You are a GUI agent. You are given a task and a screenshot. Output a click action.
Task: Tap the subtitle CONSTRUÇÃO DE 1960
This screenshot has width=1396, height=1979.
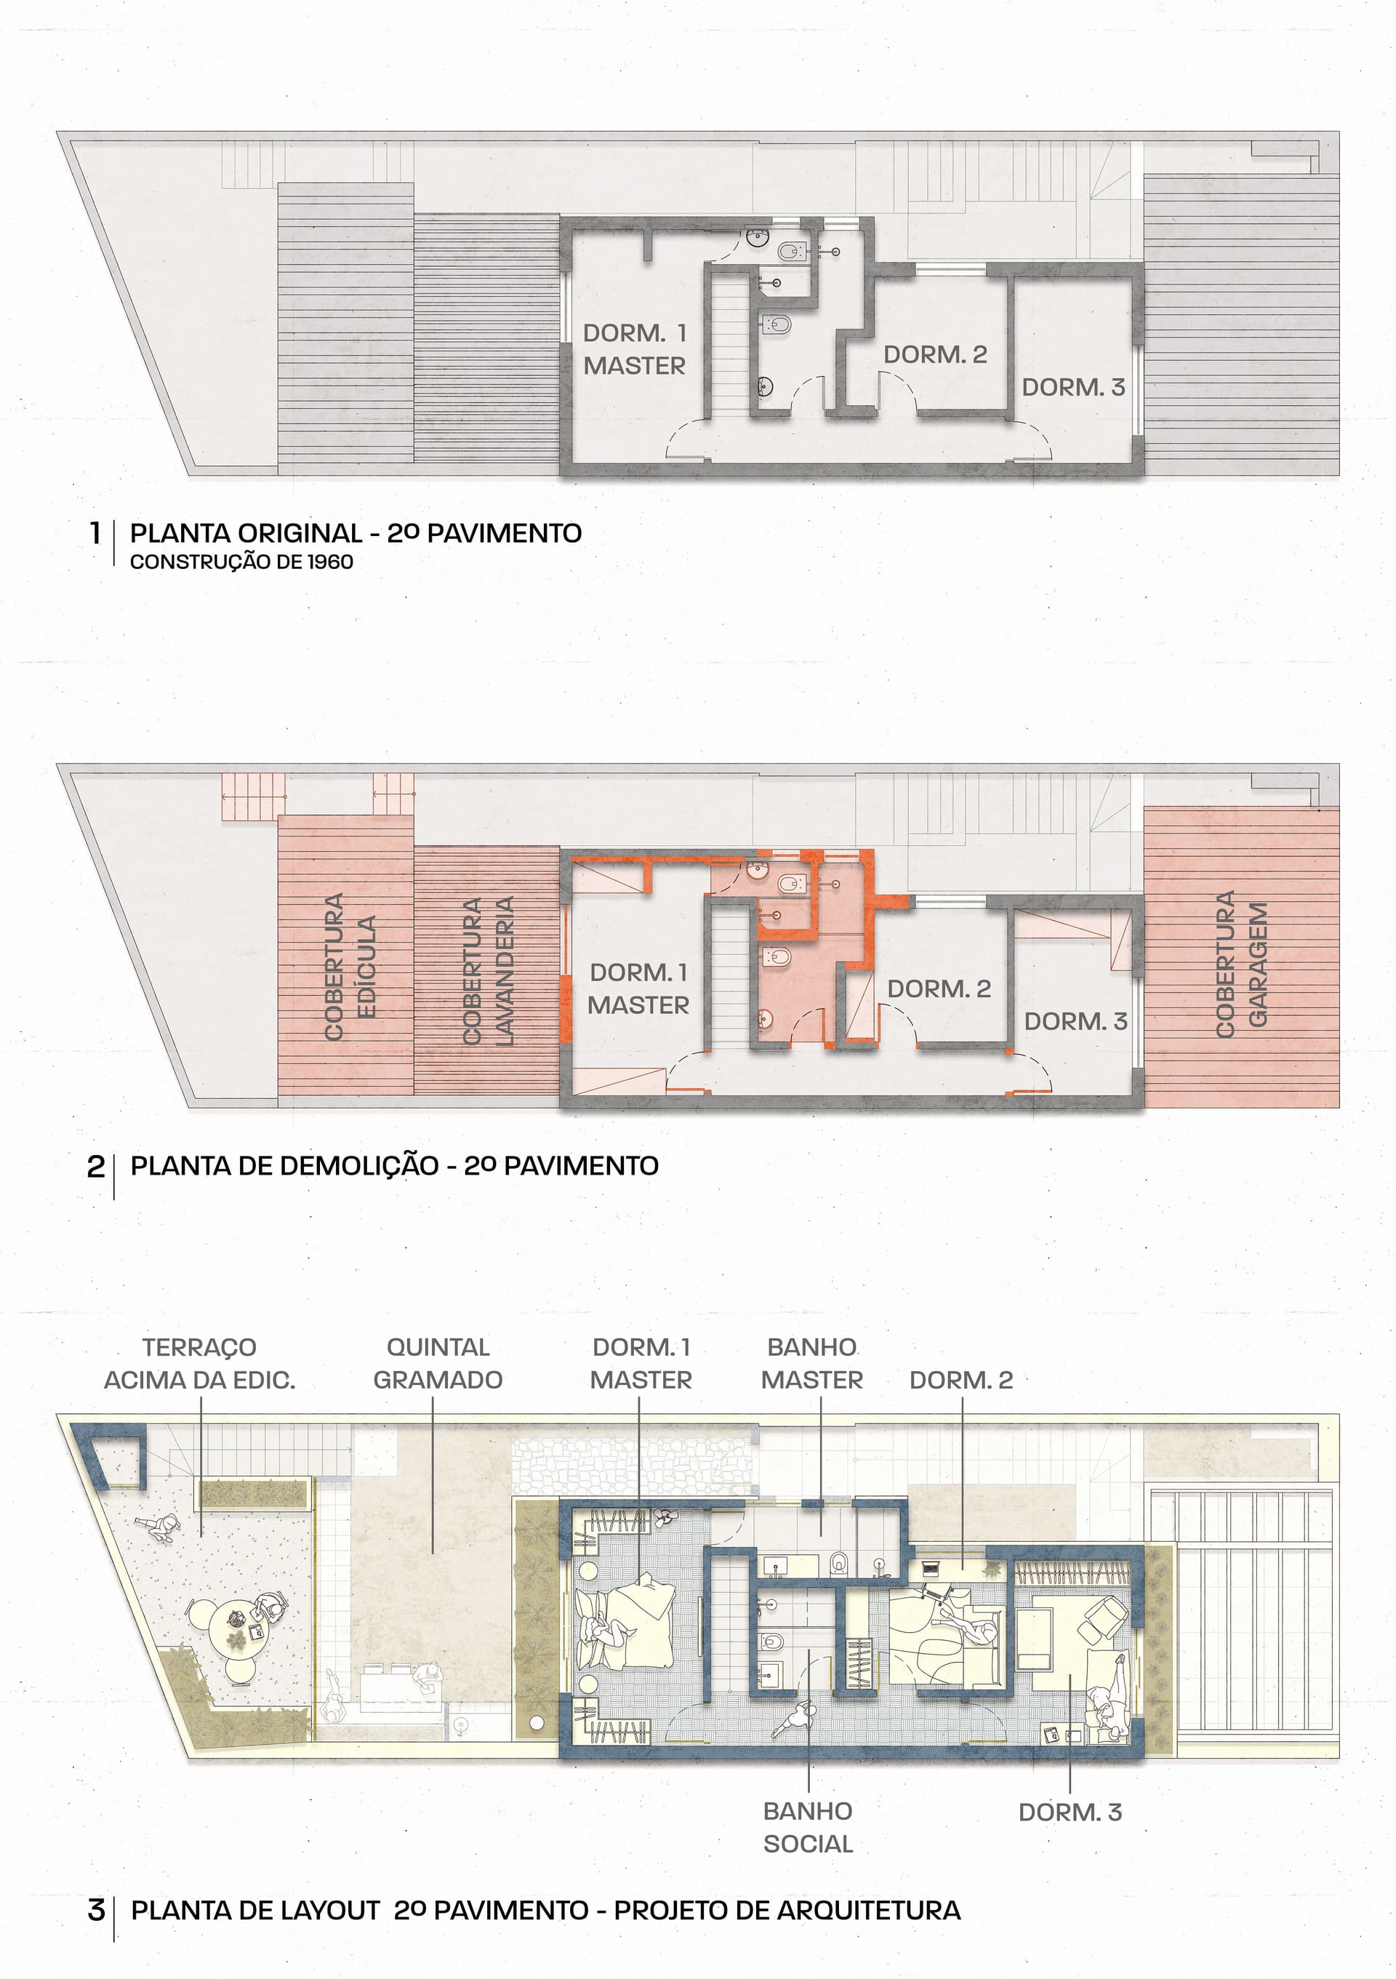pos(241,562)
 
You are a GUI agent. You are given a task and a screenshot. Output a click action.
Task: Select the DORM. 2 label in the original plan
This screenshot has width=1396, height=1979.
pos(935,354)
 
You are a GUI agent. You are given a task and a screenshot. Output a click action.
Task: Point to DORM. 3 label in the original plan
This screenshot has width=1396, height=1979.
pos(1074,387)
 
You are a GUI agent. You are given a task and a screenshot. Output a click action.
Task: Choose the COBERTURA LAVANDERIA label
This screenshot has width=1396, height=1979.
pos(488,972)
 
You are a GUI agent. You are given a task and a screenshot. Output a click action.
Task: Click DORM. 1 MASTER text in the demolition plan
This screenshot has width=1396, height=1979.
pos(638,988)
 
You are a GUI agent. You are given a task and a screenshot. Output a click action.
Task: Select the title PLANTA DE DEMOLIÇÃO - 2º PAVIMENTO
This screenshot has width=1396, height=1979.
pos(395,1166)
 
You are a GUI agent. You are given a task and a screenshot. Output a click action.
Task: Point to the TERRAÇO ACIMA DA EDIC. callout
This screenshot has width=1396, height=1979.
pos(200,1364)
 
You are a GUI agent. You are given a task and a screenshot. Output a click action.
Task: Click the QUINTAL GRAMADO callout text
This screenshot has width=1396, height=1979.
pos(438,1364)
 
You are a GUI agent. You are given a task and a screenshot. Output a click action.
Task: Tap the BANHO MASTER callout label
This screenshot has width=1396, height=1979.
pos(811,1364)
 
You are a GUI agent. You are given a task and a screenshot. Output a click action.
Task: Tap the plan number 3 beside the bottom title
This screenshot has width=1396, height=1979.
pos(96,1910)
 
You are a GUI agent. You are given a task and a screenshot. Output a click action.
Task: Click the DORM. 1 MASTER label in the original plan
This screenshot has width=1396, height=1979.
pos(635,349)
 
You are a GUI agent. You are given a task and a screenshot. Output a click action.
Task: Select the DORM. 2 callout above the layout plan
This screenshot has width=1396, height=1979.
pos(962,1380)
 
